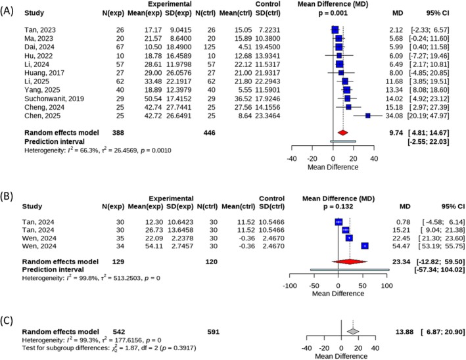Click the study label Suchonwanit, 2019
pos(54,99)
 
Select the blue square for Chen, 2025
pos(368,116)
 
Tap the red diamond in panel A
pos(342,133)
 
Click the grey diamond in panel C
pos(353,332)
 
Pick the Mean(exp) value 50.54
pos(153,99)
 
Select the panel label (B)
pos(7,196)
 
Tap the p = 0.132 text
pos(338,206)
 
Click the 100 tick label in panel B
pos(386,286)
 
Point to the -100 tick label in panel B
pos(289,286)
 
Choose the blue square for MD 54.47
pos(365,246)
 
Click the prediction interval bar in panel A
pos(343,141)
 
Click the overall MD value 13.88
pos(404,332)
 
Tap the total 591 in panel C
pos(214,332)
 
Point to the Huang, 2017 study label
pos(44,73)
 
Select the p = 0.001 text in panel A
pos(333,13)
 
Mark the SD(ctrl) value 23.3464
pos(268,116)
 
